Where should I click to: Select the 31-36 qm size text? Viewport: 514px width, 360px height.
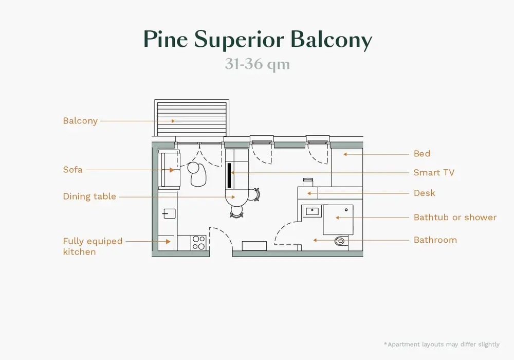tap(257, 65)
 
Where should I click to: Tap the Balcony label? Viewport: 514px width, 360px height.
tap(80, 121)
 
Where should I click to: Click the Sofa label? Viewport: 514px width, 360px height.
tap(72, 169)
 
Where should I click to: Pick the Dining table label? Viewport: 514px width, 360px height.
tap(89, 196)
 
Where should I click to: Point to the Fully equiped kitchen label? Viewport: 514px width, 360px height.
tap(93, 246)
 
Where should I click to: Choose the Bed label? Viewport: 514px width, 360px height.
tap(422, 153)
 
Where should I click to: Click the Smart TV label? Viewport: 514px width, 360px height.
tap(434, 173)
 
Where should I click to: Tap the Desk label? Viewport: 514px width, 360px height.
tap(425, 193)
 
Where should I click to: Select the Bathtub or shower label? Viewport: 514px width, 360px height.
tap(455, 218)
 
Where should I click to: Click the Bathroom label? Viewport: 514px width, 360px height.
tap(435, 240)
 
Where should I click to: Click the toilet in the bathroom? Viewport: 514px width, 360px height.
tap(341, 240)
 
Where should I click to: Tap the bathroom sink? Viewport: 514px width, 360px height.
tap(312, 211)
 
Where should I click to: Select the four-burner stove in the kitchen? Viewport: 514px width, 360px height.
tap(199, 242)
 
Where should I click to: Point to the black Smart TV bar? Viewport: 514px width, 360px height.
tap(229, 175)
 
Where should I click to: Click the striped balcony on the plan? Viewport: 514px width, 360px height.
tap(191, 119)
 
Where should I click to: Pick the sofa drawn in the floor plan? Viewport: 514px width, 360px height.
tap(168, 170)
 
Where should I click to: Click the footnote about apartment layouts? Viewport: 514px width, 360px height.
tap(441, 344)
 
